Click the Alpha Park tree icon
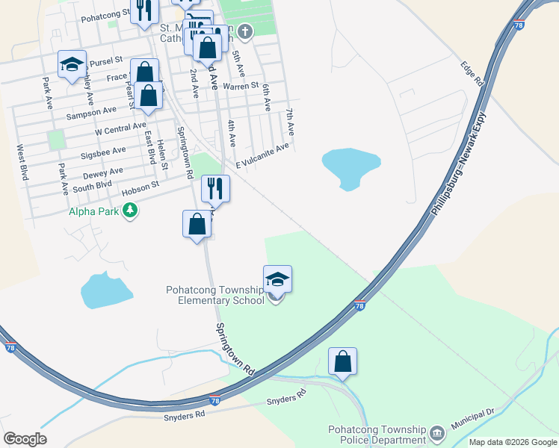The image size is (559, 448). (131, 211)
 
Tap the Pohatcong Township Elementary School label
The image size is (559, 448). (215, 295)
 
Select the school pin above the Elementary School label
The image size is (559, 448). (277, 280)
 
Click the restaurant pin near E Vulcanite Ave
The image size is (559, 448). (215, 190)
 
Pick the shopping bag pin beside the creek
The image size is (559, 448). (342, 362)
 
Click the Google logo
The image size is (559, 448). (25, 439)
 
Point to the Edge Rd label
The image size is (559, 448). (473, 72)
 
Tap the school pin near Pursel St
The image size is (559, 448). (72, 64)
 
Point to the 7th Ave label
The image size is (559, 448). (289, 122)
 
